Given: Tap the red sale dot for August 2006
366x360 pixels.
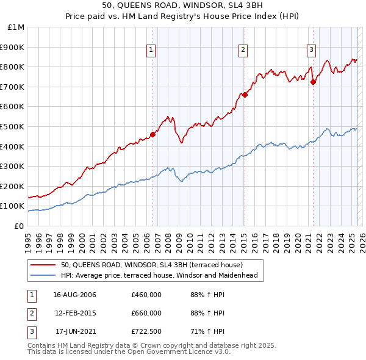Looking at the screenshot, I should (152, 135).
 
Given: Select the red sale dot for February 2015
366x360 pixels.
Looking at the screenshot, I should (245, 95).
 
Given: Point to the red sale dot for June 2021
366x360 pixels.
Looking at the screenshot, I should (313, 82).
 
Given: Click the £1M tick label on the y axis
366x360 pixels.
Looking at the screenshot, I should (16, 27).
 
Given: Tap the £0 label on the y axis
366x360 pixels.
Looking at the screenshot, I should (18, 226).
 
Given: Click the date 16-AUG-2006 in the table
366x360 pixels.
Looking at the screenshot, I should (75, 295).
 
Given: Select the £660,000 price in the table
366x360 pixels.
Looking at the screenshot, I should (146, 313).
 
